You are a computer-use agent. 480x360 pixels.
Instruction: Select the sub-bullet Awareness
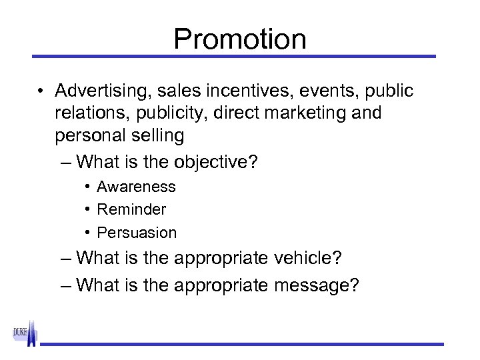(136, 187)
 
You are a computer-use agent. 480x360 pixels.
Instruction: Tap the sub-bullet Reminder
(131, 209)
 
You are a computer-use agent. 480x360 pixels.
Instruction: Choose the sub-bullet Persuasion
(137, 233)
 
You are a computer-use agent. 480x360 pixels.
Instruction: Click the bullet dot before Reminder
(87, 209)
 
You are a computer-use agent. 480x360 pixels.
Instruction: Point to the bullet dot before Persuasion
(87, 233)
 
